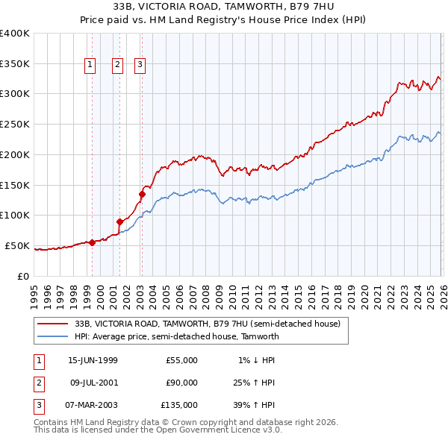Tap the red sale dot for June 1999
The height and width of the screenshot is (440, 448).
pyautogui.click(x=92, y=242)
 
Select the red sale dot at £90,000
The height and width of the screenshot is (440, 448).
pyautogui.click(x=119, y=221)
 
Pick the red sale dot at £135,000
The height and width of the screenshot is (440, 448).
pyautogui.click(x=141, y=194)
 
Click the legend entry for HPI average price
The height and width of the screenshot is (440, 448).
pyautogui.click(x=176, y=336)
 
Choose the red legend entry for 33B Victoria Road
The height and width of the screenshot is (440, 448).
pyautogui.click(x=207, y=324)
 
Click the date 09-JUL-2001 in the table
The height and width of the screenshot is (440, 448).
pyautogui.click(x=93, y=383)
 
